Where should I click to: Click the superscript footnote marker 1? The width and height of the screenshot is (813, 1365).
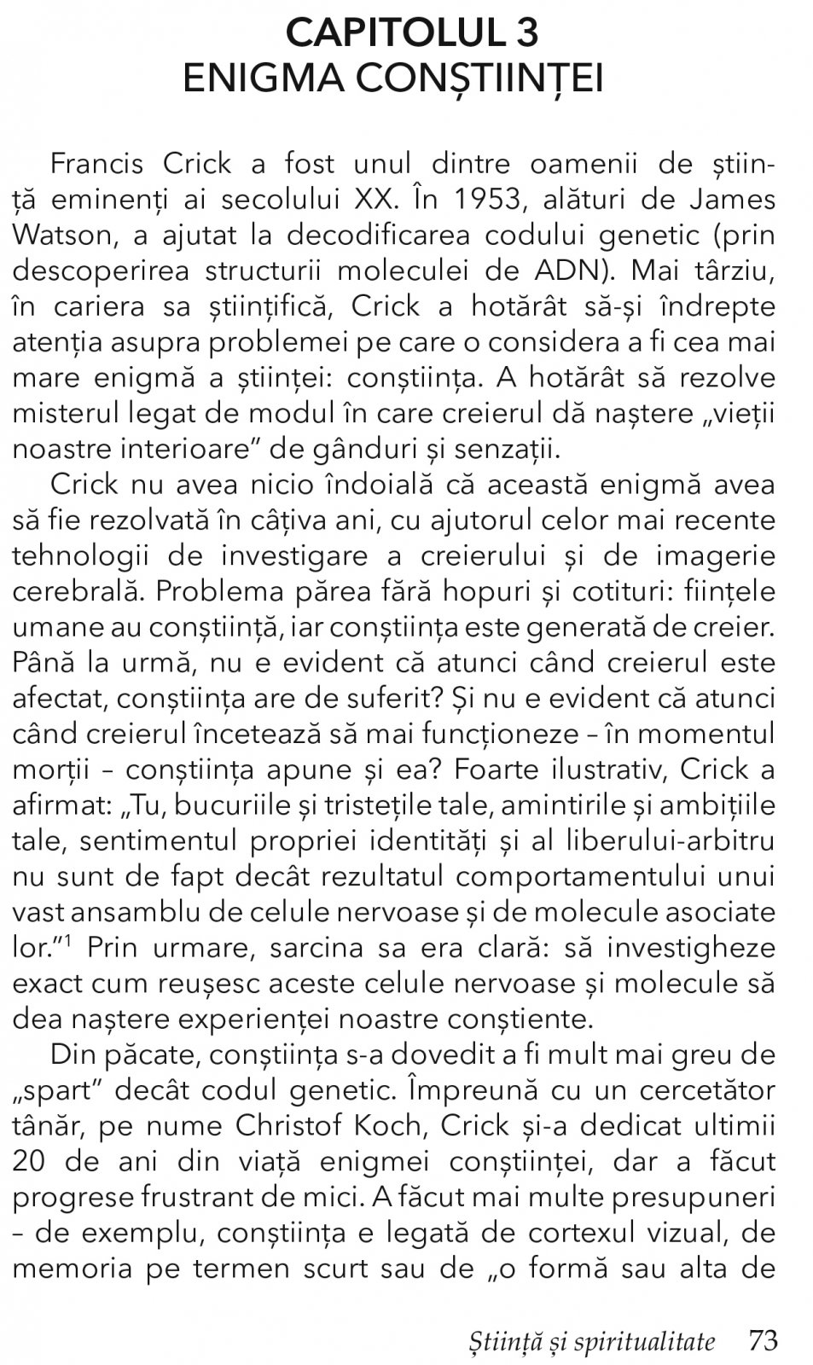click(66, 941)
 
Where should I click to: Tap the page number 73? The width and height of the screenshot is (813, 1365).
click(763, 1340)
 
